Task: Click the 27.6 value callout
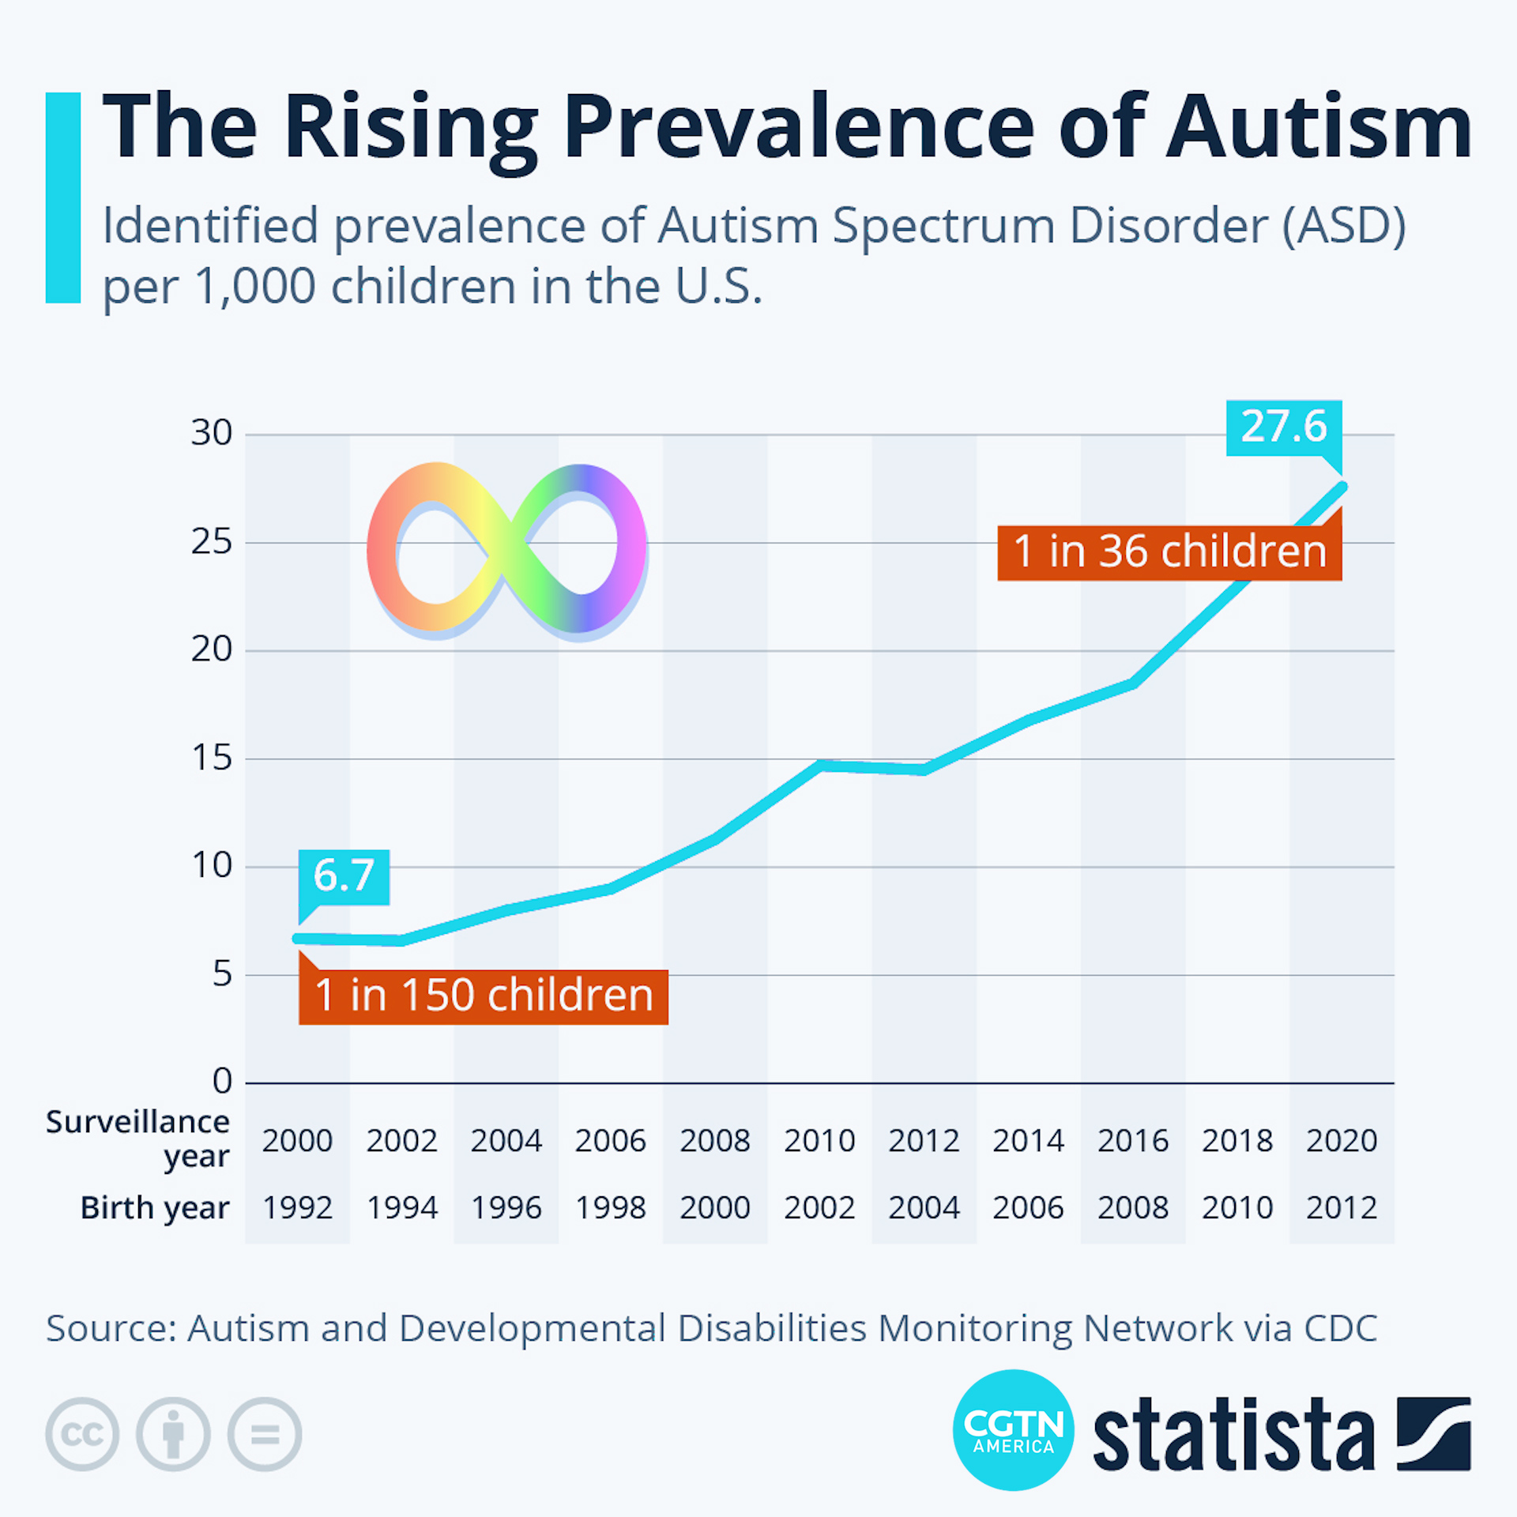point(1283,427)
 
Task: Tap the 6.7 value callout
point(344,876)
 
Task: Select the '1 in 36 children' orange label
point(1169,551)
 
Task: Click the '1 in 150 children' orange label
point(484,996)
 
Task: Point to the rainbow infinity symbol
point(506,550)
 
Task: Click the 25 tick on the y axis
point(212,542)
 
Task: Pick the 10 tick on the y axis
point(212,866)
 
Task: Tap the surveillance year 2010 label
point(819,1141)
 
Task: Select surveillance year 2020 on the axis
point(1342,1141)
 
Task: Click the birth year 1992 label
point(297,1208)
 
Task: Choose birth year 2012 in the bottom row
point(1342,1208)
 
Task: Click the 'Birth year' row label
point(155,1208)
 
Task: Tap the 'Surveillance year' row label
point(138,1138)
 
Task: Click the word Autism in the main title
point(1319,126)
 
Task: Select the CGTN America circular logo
point(1014,1430)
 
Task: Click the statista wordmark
point(1233,1434)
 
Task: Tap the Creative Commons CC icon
point(82,1434)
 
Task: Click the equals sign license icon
point(265,1434)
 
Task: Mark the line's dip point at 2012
point(924,770)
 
